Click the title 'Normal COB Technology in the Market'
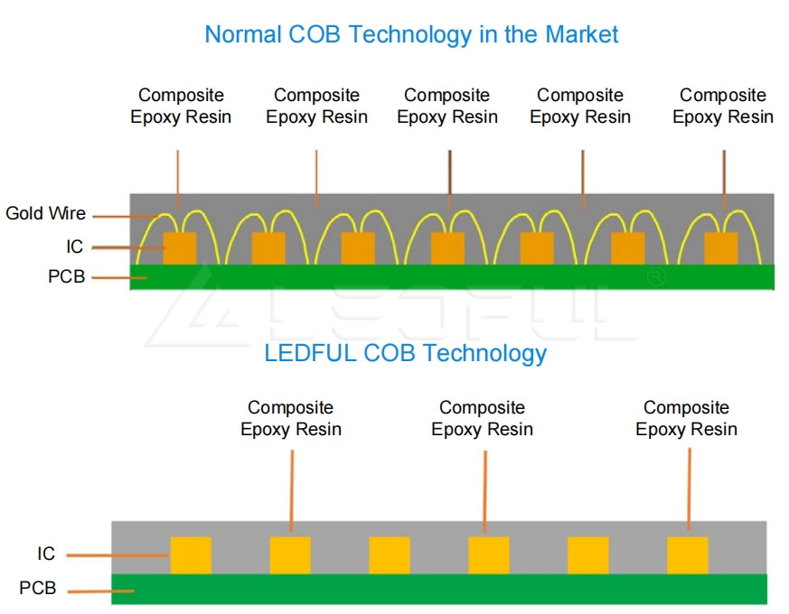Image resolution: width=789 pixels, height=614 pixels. [x=411, y=35]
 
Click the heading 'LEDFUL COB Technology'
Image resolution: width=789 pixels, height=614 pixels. [x=405, y=353]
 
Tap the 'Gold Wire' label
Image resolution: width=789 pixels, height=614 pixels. [x=45, y=214]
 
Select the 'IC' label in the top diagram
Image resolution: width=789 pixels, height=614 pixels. [x=74, y=247]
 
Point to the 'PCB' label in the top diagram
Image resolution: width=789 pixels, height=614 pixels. [x=66, y=277]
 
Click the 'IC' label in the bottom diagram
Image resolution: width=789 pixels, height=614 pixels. [x=46, y=554]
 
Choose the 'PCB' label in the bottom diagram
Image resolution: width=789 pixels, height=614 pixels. [x=37, y=589]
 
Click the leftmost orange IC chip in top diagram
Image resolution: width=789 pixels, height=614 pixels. [x=179, y=248]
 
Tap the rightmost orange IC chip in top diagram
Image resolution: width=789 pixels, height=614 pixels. [x=720, y=248]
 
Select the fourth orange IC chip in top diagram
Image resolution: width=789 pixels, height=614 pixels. [x=447, y=248]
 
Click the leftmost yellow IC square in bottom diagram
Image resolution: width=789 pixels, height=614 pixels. [x=191, y=555]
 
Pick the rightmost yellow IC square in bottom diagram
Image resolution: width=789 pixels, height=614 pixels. [x=687, y=555]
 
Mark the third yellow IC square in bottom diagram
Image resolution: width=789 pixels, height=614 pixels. [x=390, y=555]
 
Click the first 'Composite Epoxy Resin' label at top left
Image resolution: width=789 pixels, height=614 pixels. [x=181, y=107]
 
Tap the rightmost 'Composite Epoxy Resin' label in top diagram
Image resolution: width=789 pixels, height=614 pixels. [x=723, y=107]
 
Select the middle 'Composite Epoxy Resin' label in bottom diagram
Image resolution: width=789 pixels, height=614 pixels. [x=482, y=419]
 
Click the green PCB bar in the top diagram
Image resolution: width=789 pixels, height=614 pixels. [x=452, y=277]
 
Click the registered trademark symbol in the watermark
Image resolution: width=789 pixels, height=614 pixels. [x=656, y=277]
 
